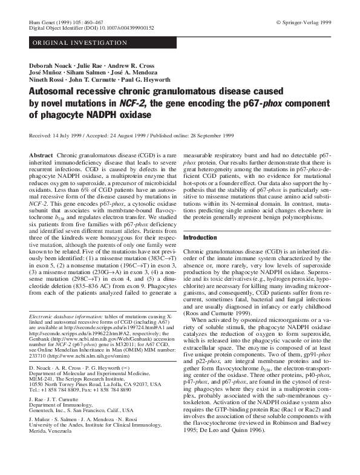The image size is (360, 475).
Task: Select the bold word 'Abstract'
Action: pyautogui.click(x=41, y=156)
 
